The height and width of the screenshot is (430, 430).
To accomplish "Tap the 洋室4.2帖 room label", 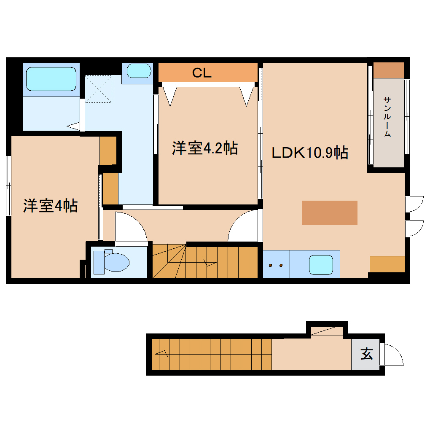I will [204, 148].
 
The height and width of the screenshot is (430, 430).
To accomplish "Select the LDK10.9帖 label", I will [310, 153].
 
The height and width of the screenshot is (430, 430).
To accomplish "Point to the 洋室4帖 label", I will [50, 206].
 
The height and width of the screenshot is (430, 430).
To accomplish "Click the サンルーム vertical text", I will [387, 117].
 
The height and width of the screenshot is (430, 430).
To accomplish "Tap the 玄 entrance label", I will [367, 354].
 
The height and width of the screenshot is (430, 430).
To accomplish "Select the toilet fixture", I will [111, 261].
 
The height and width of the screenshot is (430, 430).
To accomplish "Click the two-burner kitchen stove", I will [276, 265].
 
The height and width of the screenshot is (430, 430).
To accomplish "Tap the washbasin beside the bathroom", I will [139, 71].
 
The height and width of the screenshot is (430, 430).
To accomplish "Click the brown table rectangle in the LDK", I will [330, 213].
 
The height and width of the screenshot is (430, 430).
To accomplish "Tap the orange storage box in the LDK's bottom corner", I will [387, 264].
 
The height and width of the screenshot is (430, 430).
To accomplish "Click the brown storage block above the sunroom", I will [389, 70].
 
